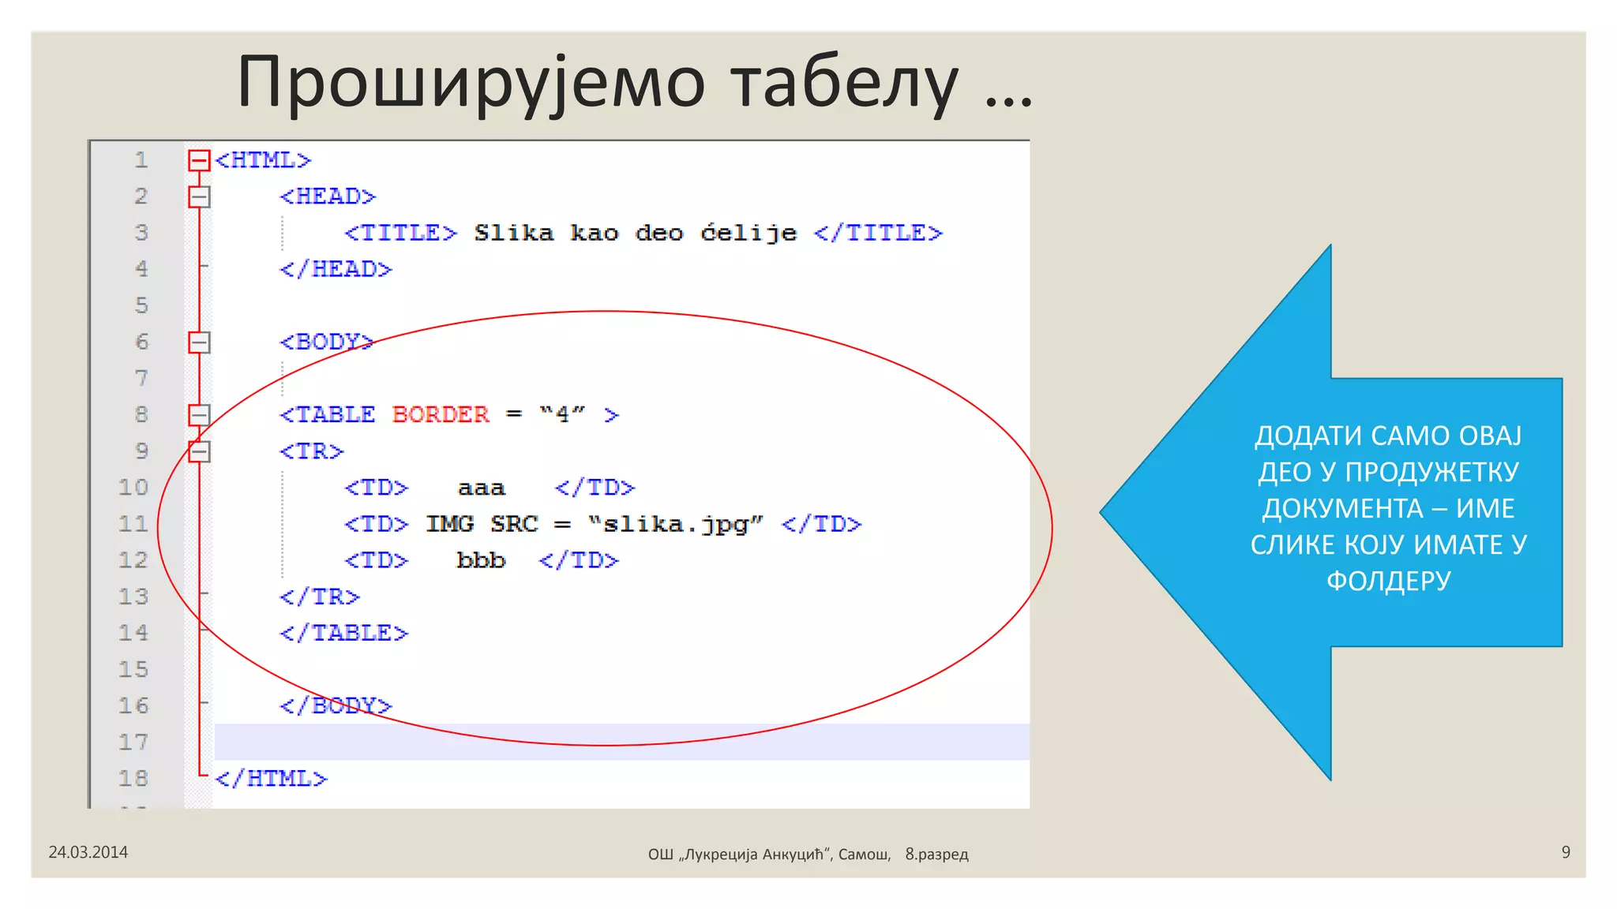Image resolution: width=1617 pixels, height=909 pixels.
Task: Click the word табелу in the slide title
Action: point(844,82)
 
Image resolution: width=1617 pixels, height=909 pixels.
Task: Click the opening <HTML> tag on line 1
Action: point(263,160)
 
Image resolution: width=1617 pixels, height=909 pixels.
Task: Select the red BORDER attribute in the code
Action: point(441,414)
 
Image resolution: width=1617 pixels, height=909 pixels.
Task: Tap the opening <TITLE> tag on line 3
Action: point(400,233)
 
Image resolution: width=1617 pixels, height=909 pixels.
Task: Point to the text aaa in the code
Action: point(481,488)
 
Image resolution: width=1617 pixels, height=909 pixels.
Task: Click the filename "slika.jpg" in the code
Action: point(676,524)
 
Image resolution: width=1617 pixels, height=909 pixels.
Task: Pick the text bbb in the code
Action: point(481,560)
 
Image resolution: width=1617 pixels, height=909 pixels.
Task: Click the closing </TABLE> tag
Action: point(343,633)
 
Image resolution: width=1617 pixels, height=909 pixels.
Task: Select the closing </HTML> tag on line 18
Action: point(271,779)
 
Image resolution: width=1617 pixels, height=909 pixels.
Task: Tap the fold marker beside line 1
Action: point(199,161)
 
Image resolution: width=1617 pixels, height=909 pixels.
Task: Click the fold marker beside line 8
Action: point(199,415)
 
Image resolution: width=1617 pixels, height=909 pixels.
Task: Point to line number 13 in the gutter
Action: point(133,597)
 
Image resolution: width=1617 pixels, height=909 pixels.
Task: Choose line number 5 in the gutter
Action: point(141,305)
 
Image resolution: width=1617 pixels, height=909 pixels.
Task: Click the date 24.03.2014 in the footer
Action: point(88,852)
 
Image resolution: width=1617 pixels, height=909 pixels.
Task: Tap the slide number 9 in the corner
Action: point(1566,852)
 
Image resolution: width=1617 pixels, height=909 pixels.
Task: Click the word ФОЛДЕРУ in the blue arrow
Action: point(1388,581)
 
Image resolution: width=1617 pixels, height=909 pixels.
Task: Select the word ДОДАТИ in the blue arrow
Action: point(1307,436)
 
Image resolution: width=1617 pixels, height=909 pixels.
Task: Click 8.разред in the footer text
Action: point(936,854)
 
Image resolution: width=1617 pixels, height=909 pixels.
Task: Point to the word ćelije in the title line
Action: point(748,233)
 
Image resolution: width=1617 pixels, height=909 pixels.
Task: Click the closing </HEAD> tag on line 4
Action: point(336,269)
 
